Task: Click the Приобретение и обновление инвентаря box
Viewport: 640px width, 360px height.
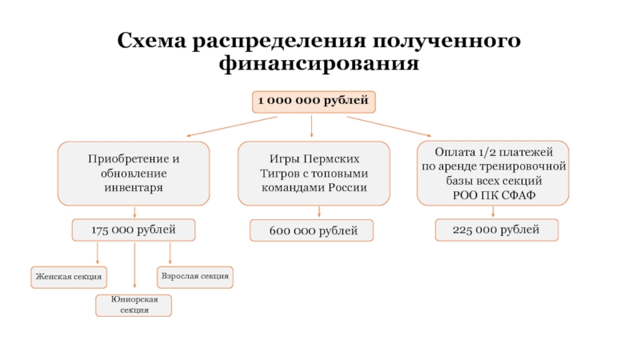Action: point(134,173)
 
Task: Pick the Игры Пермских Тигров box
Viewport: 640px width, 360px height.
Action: point(314,173)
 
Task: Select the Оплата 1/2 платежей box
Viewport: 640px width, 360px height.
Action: point(494,173)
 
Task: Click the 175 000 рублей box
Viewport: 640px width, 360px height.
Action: point(134,230)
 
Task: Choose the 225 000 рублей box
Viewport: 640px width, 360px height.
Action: point(496,230)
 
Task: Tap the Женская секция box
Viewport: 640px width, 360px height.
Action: point(68,277)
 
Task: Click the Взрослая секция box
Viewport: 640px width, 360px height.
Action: point(195,277)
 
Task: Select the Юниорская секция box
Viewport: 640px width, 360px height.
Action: point(134,304)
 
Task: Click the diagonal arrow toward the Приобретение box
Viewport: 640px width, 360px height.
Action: point(232,126)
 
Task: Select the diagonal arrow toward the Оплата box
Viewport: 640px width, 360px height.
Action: point(390,126)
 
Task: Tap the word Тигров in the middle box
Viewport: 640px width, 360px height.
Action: point(278,173)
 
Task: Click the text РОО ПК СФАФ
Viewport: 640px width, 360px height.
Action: point(494,195)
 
